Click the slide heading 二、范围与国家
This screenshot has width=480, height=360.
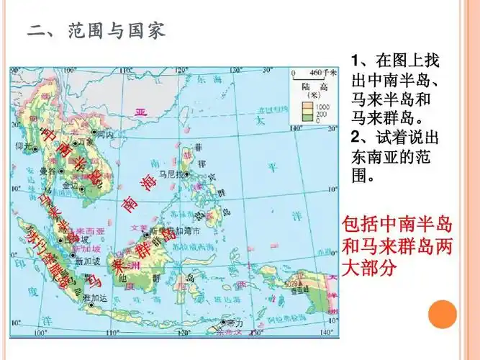point(96,31)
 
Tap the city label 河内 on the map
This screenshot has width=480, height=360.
point(105,135)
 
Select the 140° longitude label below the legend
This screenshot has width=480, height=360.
point(294,129)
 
